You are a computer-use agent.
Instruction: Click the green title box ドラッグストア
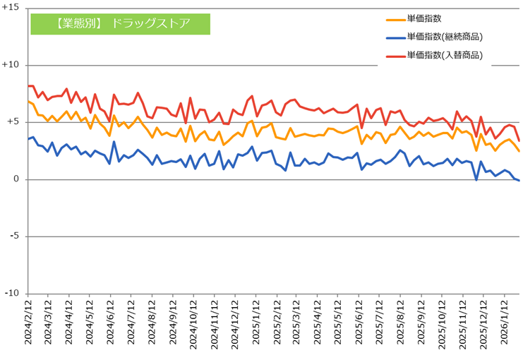click(x=121, y=23)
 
